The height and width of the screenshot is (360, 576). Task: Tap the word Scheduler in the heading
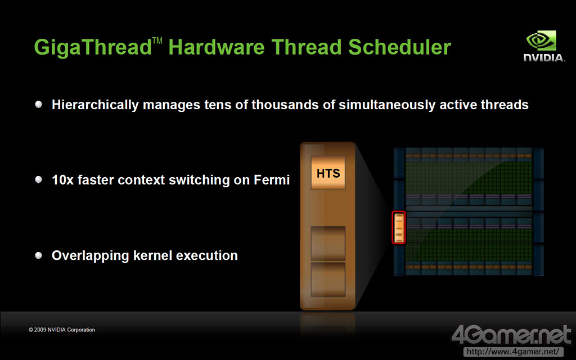click(x=399, y=47)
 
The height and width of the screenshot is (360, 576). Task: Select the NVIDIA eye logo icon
click(x=541, y=40)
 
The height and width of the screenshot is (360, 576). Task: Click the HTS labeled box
click(x=328, y=173)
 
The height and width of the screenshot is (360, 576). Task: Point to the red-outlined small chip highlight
click(x=399, y=227)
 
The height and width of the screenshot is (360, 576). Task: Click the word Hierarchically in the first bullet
click(x=95, y=105)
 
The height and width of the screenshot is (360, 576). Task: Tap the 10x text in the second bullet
click(x=62, y=180)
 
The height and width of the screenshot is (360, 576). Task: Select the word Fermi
click(x=272, y=180)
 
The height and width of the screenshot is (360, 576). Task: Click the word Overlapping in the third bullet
click(x=90, y=256)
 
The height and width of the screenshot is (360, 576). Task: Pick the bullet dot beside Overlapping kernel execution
click(x=39, y=255)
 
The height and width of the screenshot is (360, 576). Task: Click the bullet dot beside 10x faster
click(x=39, y=179)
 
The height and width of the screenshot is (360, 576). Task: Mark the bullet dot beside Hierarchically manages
click(x=39, y=104)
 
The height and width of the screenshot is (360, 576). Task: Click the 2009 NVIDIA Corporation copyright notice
click(x=62, y=330)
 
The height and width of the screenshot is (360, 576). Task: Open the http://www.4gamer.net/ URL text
click(x=513, y=352)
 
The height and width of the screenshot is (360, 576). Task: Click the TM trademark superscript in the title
click(x=157, y=40)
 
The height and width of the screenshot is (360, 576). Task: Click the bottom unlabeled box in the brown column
click(x=328, y=279)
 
